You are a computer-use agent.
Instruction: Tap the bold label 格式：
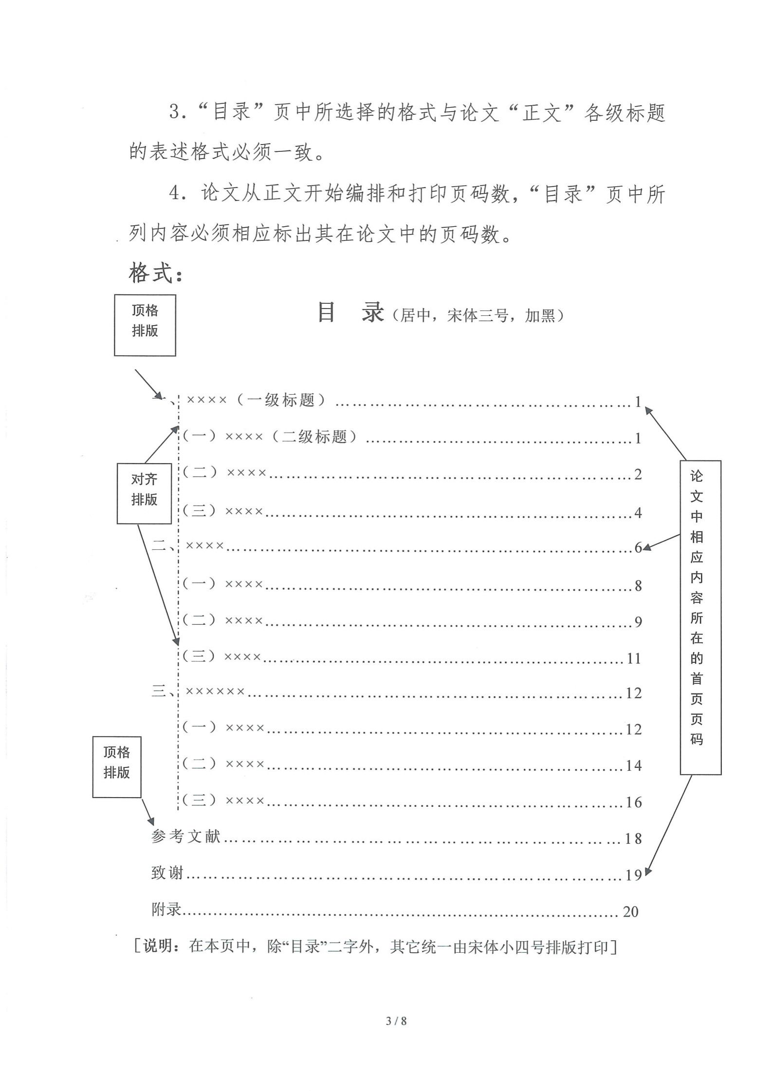(157, 273)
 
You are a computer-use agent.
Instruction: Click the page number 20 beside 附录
(630, 911)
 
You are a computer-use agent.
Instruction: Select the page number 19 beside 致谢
(633, 875)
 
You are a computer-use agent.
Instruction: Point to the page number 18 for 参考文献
(633, 839)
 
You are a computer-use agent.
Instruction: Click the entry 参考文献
(186, 837)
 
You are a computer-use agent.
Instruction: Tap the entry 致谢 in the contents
(167, 873)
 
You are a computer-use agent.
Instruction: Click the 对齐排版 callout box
(144, 493)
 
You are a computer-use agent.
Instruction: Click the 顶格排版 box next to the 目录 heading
(145, 325)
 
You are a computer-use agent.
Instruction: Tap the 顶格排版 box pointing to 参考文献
(117, 766)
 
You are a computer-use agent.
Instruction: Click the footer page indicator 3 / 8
(396, 1020)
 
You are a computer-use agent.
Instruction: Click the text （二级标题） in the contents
(314, 437)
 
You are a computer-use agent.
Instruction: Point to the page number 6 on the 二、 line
(638, 548)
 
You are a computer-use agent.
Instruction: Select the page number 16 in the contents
(633, 802)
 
